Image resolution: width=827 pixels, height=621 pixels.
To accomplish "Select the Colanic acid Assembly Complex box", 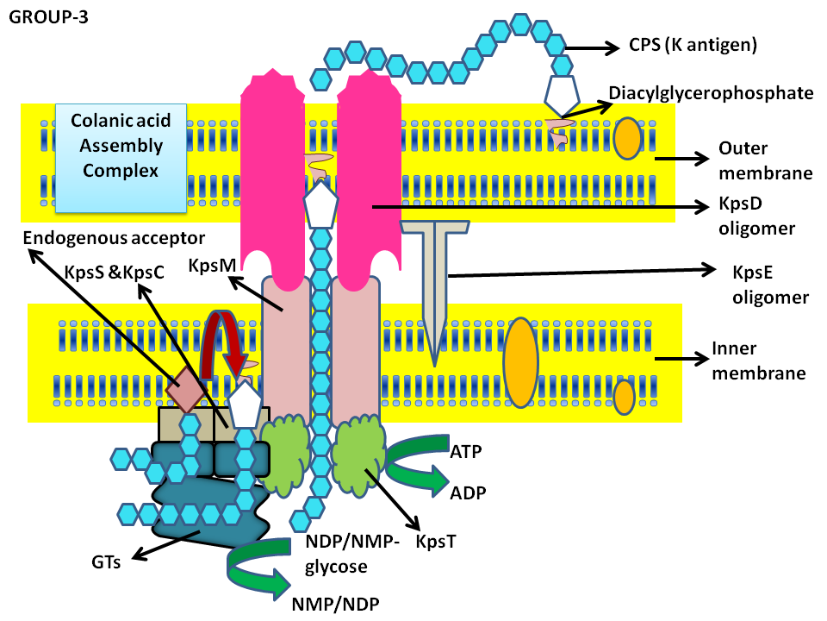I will pos(120,159).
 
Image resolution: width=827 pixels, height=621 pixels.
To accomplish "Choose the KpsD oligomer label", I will pos(755,218).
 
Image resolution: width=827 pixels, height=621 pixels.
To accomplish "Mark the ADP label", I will pos(468,492).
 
